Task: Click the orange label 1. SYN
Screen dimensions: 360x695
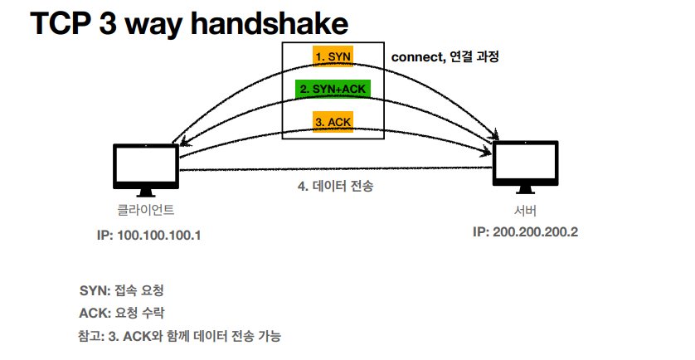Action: pos(333,56)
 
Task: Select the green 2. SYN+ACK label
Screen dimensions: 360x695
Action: pos(333,88)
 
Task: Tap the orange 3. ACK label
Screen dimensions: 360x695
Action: pos(333,121)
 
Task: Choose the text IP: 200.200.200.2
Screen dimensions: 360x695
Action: pos(525,231)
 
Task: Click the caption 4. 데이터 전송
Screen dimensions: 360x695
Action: pos(335,187)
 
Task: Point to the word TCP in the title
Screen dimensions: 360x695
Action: pos(63,24)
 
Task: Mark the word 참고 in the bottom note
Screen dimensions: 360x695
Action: pos(88,336)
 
